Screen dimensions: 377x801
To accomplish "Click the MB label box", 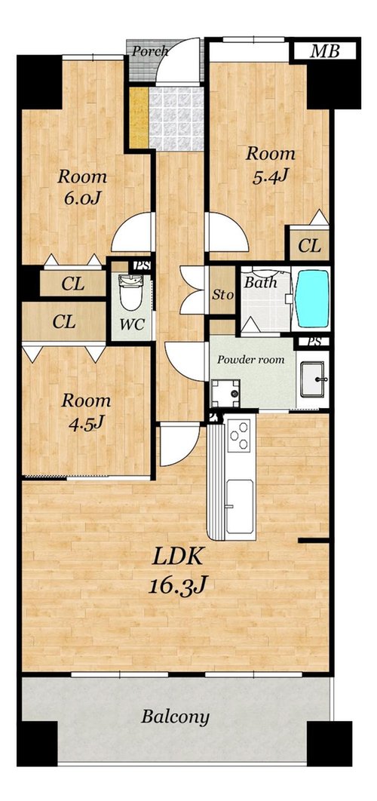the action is coord(326,51).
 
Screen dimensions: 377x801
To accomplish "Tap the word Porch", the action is coord(150,51).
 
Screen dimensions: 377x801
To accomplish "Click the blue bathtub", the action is coord(313,299).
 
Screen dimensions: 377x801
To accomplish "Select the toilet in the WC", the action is coord(131,292).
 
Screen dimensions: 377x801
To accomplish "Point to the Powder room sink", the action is coord(313,379).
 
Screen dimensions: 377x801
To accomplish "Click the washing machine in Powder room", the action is coord(225,393).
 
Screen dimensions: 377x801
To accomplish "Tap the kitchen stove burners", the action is coord(238,434).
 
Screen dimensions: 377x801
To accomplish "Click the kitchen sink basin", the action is coord(239,506).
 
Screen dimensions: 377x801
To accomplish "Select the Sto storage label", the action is coord(222,295).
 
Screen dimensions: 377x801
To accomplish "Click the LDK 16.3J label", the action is coord(178,571).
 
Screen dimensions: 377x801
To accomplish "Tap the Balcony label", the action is coord(175,717).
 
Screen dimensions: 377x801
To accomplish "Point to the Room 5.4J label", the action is coord(270,164).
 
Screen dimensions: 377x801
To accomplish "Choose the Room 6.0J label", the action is coord(82,187).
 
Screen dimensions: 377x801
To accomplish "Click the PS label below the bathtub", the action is coord(314,341).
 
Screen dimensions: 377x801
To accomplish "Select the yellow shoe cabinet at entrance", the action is coord(138,118).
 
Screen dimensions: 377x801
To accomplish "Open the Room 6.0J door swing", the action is coord(133,232).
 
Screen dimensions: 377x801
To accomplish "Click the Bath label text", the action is coord(261,283).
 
